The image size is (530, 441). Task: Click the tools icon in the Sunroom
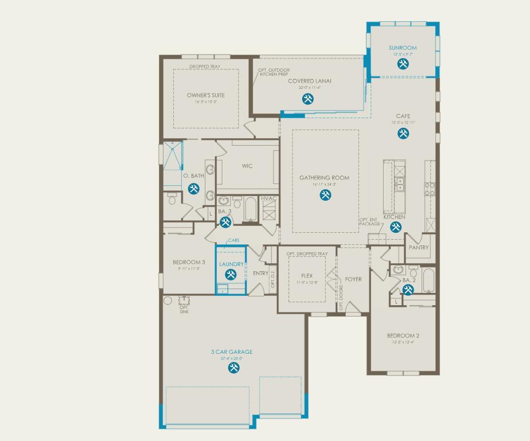click(x=403, y=64)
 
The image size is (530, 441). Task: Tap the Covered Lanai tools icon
click(x=308, y=99)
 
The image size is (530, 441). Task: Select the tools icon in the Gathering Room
click(x=325, y=195)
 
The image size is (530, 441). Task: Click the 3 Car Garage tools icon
click(x=233, y=368)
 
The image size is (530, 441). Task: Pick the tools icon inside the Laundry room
click(x=231, y=275)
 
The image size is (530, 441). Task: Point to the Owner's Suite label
click(x=206, y=95)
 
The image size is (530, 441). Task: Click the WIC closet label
click(x=247, y=166)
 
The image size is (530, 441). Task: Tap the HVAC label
click(x=269, y=198)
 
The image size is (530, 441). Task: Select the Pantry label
click(x=419, y=248)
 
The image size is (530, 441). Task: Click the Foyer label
click(x=353, y=279)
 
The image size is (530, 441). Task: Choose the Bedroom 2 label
click(x=403, y=335)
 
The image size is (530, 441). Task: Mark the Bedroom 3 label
click(x=189, y=262)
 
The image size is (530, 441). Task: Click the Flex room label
click(x=307, y=276)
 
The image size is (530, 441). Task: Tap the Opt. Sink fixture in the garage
click(x=184, y=300)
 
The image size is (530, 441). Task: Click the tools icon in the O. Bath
click(x=194, y=188)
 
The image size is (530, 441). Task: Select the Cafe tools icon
click(x=403, y=134)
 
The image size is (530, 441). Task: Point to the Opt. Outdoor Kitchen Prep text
click(x=274, y=72)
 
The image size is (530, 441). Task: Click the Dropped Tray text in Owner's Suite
click(x=205, y=67)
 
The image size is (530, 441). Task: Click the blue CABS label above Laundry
click(x=233, y=241)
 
